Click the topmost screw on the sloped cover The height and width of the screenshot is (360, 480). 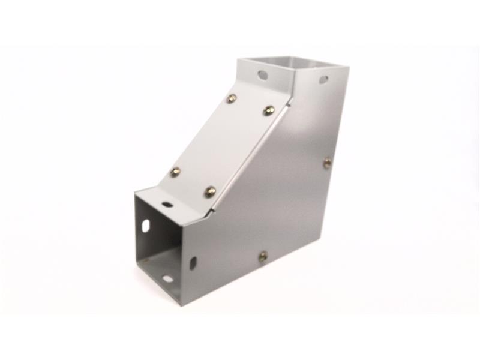click(232, 98)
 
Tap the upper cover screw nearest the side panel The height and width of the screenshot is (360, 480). click(269, 110)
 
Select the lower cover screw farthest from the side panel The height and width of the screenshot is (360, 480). click(175, 172)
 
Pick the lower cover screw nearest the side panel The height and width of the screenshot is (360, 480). click(210, 192)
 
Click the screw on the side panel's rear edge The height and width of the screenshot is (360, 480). click(327, 162)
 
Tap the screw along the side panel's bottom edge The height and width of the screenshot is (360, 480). click(263, 257)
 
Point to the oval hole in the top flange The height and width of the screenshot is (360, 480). click(263, 75)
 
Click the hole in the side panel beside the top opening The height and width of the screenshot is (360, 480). click(323, 79)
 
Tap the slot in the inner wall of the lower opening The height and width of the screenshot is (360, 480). click(146, 226)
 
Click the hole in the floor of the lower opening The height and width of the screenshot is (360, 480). click(167, 278)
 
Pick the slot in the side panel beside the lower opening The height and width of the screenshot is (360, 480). click(193, 263)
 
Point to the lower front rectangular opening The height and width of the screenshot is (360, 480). click(159, 246)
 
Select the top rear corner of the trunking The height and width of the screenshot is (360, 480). click(349, 68)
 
